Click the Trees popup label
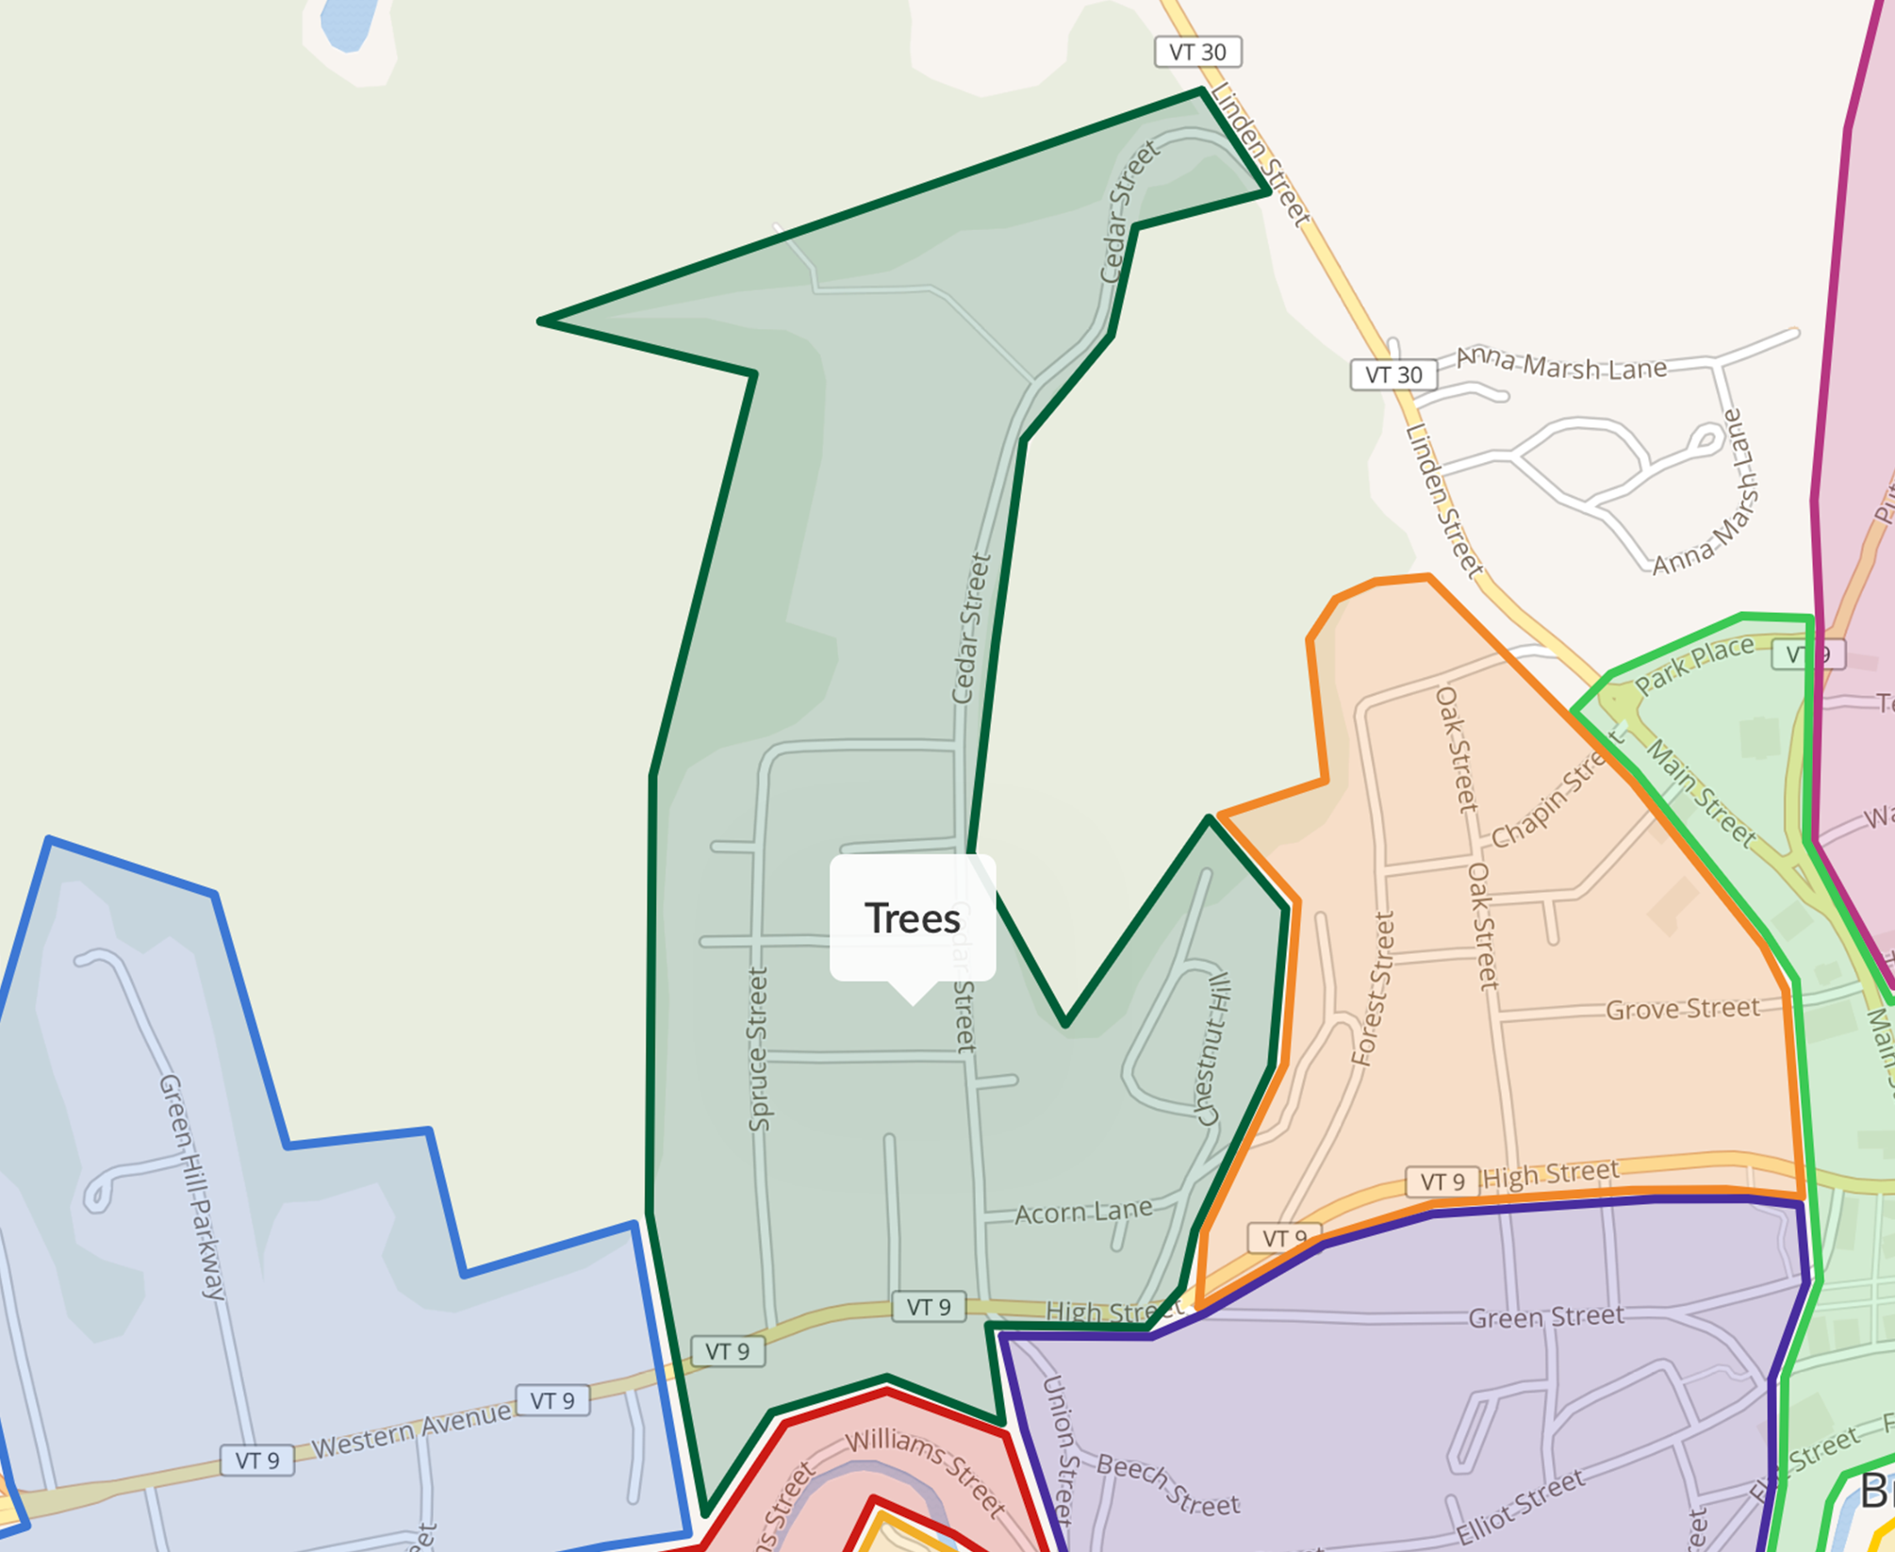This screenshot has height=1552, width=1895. pyautogui.click(x=912, y=918)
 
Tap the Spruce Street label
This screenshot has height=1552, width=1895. pyautogui.click(x=759, y=1048)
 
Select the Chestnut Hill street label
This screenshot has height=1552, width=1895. pyautogui.click(x=1214, y=1049)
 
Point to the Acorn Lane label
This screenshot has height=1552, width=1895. pyautogui.click(x=1083, y=1212)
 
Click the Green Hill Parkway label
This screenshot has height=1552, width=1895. pyautogui.click(x=192, y=1186)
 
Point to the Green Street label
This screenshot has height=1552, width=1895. pyautogui.click(x=1546, y=1316)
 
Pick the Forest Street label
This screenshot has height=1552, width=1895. pyautogui.click(x=1373, y=989)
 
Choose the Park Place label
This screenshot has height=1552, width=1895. pyautogui.click(x=1694, y=665)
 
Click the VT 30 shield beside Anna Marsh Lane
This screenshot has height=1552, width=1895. pyautogui.click(x=1393, y=374)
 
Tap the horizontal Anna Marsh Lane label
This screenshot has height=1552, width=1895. pyautogui.click(x=1561, y=364)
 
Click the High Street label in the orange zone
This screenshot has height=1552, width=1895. pyautogui.click(x=1551, y=1175)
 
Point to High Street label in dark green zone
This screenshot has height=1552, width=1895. pyautogui.click(x=1113, y=1312)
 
